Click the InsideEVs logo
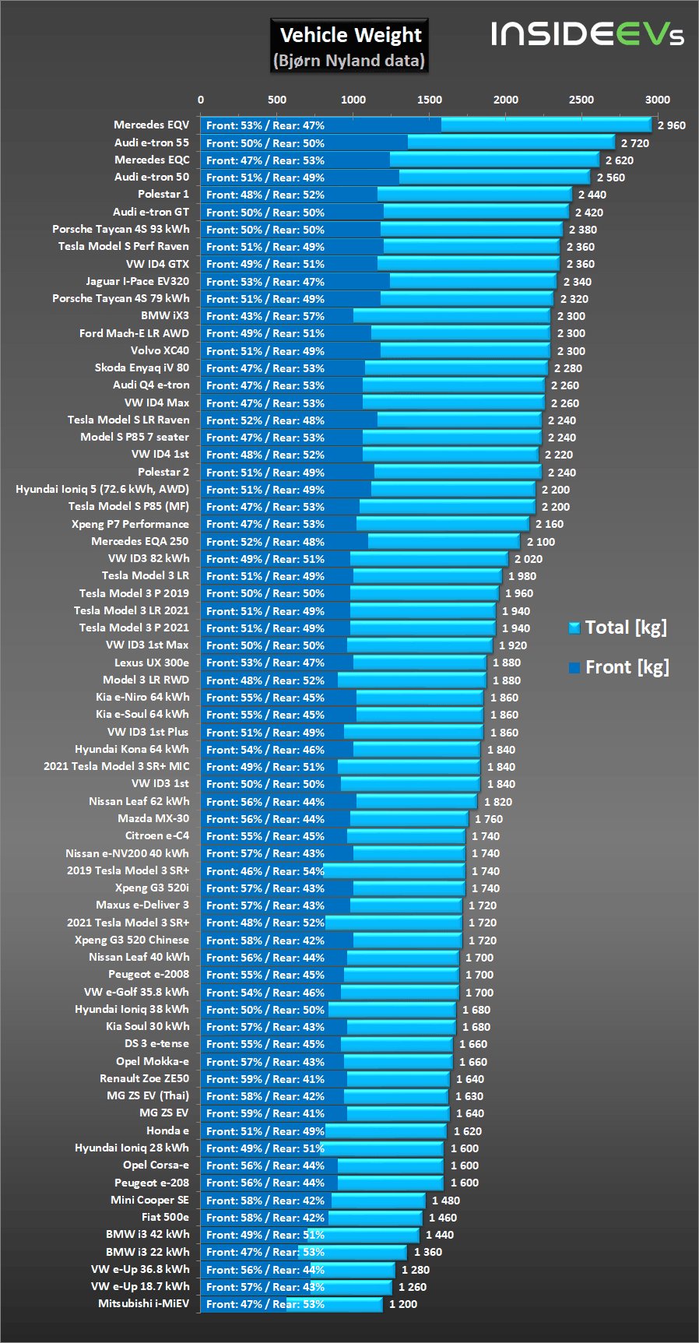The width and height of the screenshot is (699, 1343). (x=587, y=33)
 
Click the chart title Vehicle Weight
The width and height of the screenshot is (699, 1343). (x=350, y=35)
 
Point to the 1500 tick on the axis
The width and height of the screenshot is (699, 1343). (x=429, y=100)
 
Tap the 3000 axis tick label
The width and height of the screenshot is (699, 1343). (x=657, y=100)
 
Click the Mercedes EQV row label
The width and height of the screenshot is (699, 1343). (x=151, y=125)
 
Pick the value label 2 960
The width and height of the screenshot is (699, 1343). (x=671, y=125)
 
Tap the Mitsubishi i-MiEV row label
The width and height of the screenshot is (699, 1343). (x=143, y=1303)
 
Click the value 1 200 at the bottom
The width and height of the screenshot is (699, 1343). (x=403, y=1304)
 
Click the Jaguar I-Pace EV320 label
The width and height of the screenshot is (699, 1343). (x=137, y=281)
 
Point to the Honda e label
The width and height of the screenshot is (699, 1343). (x=167, y=1130)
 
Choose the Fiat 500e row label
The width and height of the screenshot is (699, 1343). (x=165, y=1217)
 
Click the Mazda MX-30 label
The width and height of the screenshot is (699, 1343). (x=153, y=818)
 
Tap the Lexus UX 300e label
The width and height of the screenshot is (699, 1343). (x=152, y=663)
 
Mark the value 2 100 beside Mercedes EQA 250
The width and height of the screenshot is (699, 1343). (x=541, y=542)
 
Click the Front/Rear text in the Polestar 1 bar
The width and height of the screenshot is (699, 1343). (x=265, y=195)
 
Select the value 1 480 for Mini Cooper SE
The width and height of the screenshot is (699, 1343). (x=446, y=1201)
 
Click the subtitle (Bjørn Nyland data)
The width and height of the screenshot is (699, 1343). (x=349, y=61)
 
